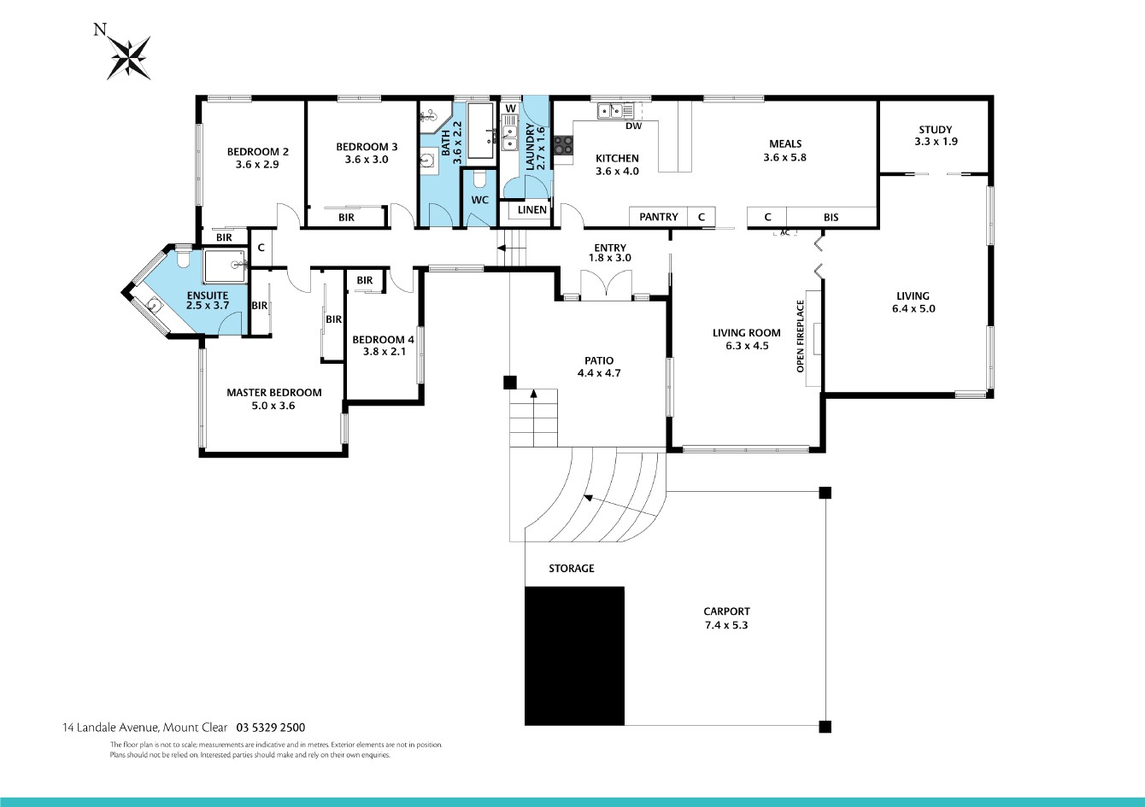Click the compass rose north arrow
tap(128, 58)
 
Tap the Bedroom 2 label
tap(258, 152)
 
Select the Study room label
tap(936, 130)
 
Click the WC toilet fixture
tap(479, 179)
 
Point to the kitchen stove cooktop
tap(564, 144)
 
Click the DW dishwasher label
tap(633, 126)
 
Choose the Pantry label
tap(658, 217)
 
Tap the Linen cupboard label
tap(532, 210)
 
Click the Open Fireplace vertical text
tap(801, 336)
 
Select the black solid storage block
tap(574, 656)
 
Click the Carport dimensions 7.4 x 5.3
tap(726, 625)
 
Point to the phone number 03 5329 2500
tap(270, 728)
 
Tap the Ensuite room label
tap(208, 295)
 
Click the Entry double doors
tap(606, 284)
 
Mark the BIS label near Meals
tap(831, 217)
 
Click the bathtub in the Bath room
tap(482, 131)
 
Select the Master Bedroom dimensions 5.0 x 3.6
tap(273, 406)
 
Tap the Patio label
tap(599, 360)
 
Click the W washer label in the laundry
tap(511, 108)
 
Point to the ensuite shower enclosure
tap(226, 266)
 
